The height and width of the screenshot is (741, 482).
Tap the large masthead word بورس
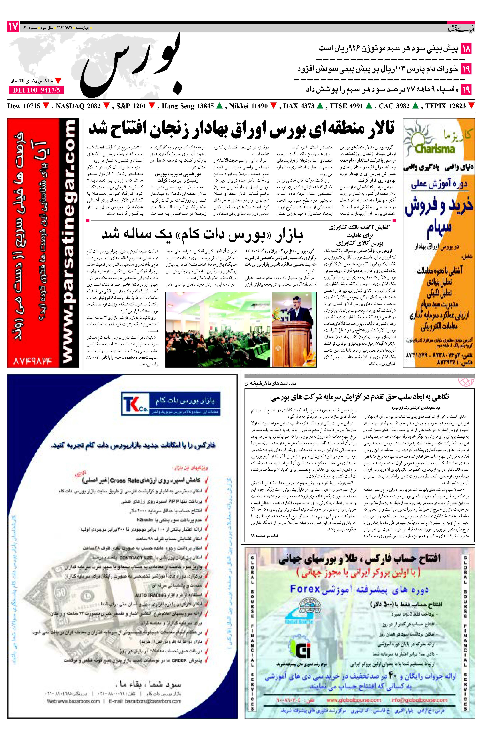[131, 64]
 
